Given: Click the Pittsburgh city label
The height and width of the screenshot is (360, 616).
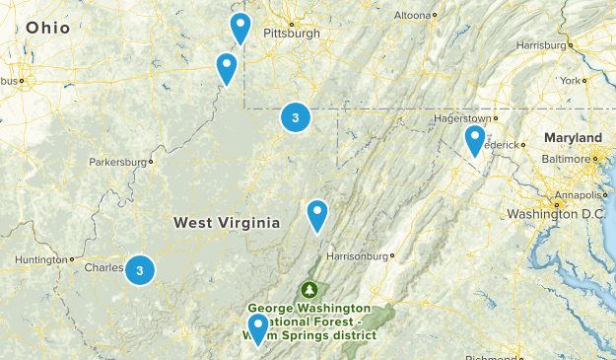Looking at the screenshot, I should [291, 33].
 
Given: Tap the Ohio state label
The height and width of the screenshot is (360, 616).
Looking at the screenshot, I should [48, 28].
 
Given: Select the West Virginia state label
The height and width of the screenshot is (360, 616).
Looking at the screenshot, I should [227, 223].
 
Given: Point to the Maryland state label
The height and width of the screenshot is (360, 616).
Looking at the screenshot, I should [577, 137].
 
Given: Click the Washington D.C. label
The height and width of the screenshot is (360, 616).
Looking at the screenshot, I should [556, 214].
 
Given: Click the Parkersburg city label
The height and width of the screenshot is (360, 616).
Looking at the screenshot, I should [118, 162].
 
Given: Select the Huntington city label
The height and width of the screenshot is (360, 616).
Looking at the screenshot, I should [41, 260].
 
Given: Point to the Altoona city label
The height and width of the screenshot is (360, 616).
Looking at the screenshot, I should [412, 16].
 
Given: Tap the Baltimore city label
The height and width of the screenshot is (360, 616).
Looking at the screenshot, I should [564, 158].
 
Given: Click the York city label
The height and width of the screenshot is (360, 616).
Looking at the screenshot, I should [572, 80].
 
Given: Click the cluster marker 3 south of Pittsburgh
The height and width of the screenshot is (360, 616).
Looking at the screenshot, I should [296, 117].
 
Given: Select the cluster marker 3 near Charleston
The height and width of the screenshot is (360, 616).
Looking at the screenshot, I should [140, 268].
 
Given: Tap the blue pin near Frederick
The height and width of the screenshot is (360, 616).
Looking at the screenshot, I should [475, 139].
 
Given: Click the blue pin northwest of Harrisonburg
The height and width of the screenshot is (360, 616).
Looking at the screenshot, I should [316, 213].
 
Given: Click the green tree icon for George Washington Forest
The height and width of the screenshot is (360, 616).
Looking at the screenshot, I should [310, 290].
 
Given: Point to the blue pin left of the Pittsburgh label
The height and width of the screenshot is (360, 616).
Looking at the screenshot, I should [240, 28].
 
